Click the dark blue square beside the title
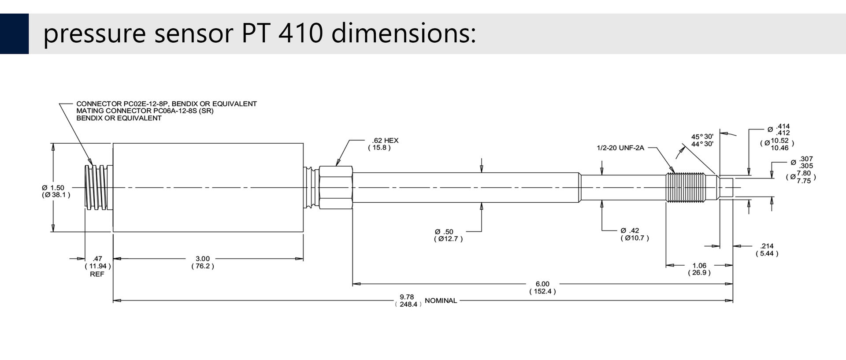[x=14, y=34]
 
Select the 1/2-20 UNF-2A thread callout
[x=620, y=148]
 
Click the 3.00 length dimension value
[x=203, y=259]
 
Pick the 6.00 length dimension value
[x=542, y=284]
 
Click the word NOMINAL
[x=441, y=301]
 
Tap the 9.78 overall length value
[x=407, y=297]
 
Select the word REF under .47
[x=97, y=274]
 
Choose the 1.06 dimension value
[x=699, y=266]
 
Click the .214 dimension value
[x=767, y=246]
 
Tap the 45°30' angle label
[x=702, y=137]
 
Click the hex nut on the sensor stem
[x=335, y=188]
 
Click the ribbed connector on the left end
[x=96, y=188]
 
